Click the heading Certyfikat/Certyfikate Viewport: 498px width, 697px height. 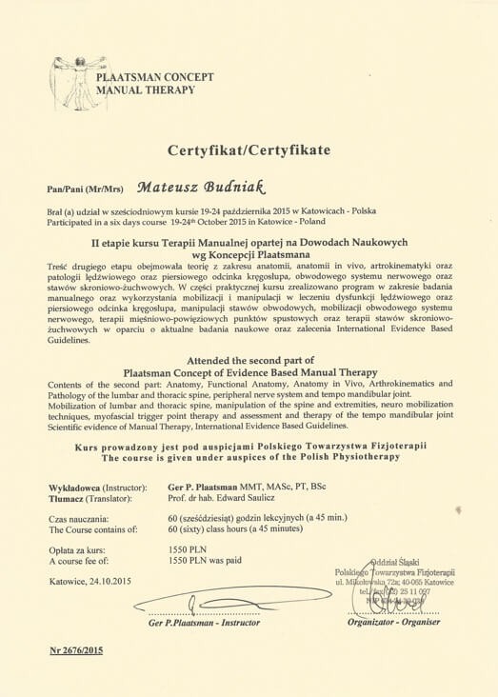pyautogui.click(x=249, y=150)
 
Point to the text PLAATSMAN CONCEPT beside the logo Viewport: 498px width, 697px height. pyautogui.click(x=157, y=77)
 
